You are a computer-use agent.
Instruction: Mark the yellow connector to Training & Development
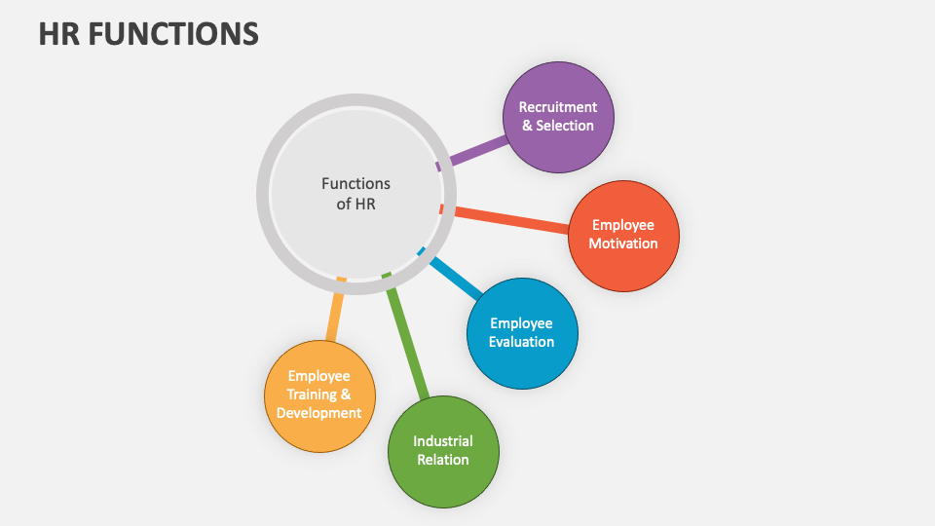click(x=334, y=314)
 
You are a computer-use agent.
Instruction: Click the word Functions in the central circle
click(x=355, y=183)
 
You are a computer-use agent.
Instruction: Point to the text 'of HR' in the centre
click(x=355, y=205)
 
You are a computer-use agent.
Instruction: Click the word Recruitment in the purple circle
click(x=558, y=107)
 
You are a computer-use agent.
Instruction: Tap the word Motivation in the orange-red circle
click(x=623, y=244)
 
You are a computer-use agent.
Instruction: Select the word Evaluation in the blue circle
click(x=522, y=342)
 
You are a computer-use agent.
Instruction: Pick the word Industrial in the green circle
click(x=443, y=441)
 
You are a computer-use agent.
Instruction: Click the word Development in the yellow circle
click(x=319, y=413)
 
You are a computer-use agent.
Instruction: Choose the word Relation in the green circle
click(x=443, y=460)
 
